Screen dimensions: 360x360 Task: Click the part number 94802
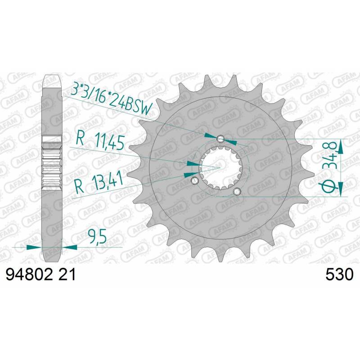[29, 274]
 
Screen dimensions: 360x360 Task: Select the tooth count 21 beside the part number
[67, 274]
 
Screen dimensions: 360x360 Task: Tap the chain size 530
[340, 274]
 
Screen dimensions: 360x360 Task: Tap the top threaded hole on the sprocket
[220, 139]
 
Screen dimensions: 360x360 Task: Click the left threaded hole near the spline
[195, 180]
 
